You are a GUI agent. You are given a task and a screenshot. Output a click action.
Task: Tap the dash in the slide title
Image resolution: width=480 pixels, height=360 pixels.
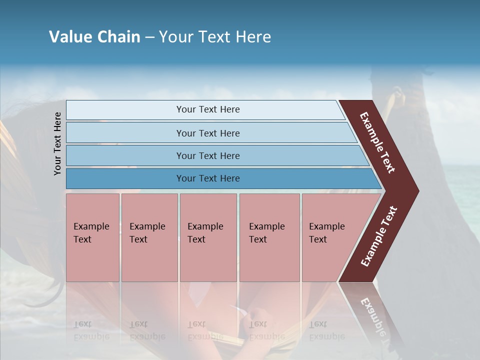[x=149, y=37]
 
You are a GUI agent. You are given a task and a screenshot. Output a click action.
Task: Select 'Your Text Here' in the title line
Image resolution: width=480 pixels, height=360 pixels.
[x=215, y=37]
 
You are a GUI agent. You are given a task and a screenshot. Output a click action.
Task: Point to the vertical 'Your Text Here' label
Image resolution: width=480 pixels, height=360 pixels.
[x=57, y=143]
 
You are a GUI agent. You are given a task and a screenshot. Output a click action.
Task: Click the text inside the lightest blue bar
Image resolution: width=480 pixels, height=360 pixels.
[x=208, y=109]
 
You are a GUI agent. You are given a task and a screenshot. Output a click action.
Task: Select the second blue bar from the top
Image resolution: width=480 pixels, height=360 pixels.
[x=208, y=133]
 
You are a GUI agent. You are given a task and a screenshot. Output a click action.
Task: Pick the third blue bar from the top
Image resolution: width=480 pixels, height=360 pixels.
[x=208, y=155]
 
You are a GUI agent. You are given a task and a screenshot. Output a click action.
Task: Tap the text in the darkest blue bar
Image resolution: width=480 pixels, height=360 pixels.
[x=208, y=178]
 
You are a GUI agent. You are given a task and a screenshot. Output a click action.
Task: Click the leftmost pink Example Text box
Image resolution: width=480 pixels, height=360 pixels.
[x=92, y=233]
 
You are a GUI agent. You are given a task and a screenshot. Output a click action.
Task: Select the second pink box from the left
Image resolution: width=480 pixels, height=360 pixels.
[x=148, y=233]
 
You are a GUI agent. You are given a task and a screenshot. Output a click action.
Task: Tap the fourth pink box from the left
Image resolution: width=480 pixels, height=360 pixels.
[x=269, y=233]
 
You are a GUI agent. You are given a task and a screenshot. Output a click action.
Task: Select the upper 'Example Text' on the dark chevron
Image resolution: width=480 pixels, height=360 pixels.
[x=377, y=142]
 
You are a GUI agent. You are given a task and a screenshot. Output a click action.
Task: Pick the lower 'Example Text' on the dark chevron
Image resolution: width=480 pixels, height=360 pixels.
[x=379, y=236]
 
